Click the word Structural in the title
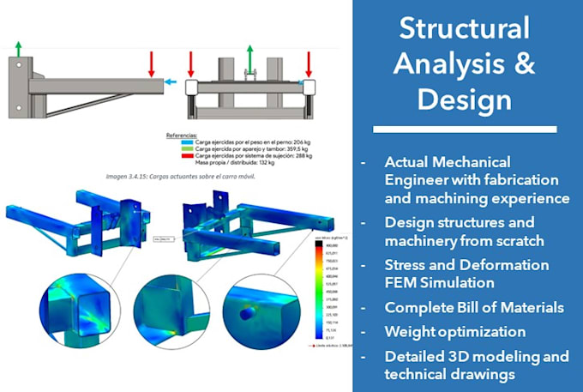(465, 29)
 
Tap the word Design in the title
(465, 100)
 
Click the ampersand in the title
(519, 64)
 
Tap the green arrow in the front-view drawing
(249, 57)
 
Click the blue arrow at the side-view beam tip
(171, 83)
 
